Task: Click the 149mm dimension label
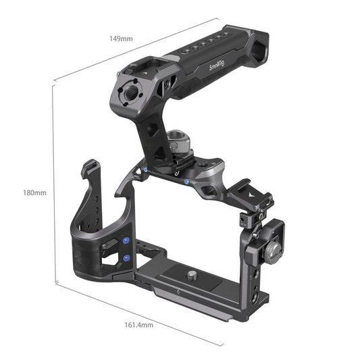[122, 38]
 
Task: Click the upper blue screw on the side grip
[127, 241]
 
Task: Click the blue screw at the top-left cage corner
[145, 170]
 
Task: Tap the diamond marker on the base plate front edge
[178, 292]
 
